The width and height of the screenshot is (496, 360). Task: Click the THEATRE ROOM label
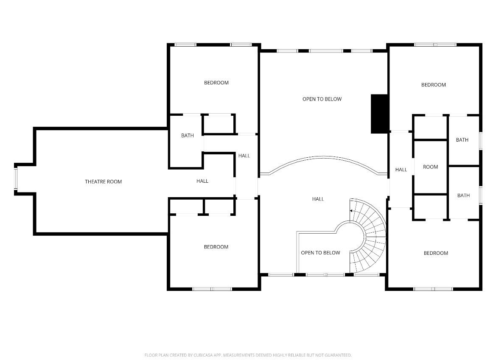pyautogui.click(x=103, y=182)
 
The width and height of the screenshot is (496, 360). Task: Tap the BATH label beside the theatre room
pyautogui.click(x=187, y=136)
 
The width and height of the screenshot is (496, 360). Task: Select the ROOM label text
pyautogui.click(x=430, y=167)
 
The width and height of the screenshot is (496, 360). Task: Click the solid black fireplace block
pyautogui.click(x=380, y=114)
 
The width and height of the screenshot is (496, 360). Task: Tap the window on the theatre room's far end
pyautogui.click(x=16, y=179)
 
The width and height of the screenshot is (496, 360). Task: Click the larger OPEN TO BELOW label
pyautogui.click(x=322, y=99)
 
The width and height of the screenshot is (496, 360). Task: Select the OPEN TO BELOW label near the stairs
pyautogui.click(x=320, y=253)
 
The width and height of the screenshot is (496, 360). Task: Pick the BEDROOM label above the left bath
pyautogui.click(x=216, y=83)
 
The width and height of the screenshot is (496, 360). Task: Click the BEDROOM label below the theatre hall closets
pyautogui.click(x=216, y=247)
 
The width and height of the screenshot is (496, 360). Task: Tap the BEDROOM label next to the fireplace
pyautogui.click(x=433, y=85)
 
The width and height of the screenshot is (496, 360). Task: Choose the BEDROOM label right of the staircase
pyautogui.click(x=436, y=253)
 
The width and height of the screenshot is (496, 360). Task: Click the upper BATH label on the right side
pyautogui.click(x=462, y=140)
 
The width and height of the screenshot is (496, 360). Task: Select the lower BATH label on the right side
pyautogui.click(x=463, y=195)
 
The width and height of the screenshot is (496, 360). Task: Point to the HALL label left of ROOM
pyautogui.click(x=401, y=170)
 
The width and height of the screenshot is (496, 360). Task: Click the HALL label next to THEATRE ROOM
pyautogui.click(x=202, y=181)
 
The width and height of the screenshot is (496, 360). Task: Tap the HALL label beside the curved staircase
pyautogui.click(x=318, y=199)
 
